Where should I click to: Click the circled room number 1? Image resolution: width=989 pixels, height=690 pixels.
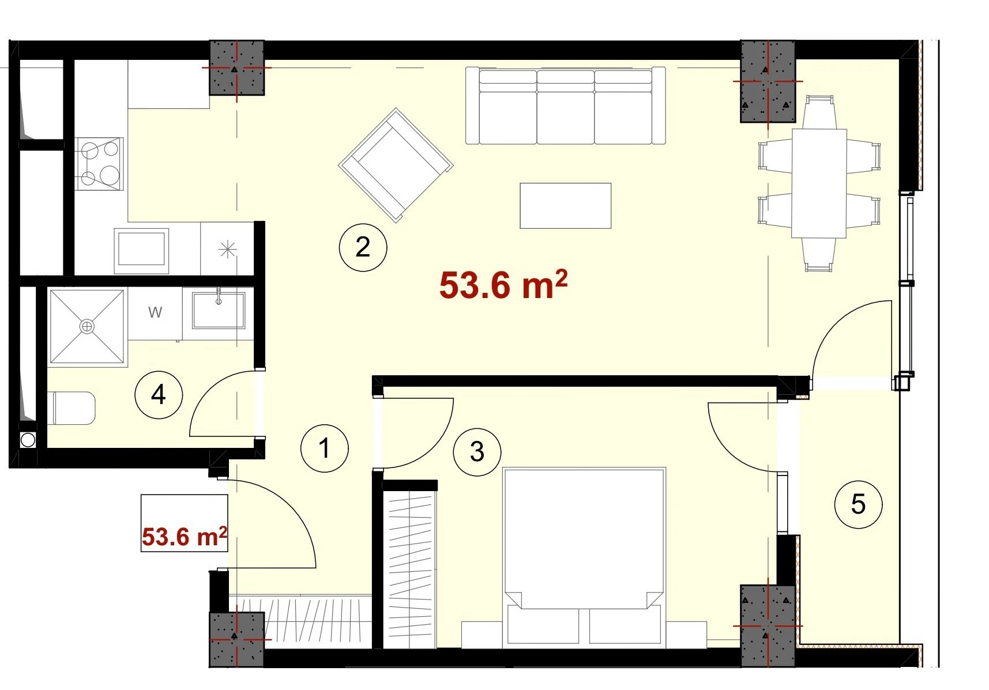[325, 448]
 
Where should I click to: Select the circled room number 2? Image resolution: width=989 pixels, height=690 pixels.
[363, 247]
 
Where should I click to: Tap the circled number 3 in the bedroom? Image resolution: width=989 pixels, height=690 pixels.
[477, 451]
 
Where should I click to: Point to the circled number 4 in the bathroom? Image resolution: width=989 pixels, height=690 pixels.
[159, 395]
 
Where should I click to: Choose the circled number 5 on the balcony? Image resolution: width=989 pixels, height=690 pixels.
[858, 504]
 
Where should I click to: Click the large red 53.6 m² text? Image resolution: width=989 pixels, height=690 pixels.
[503, 284]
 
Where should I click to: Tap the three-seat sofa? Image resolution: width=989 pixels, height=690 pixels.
[566, 105]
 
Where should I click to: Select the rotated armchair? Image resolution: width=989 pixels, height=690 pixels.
[396, 165]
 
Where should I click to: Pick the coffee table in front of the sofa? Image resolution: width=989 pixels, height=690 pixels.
[565, 206]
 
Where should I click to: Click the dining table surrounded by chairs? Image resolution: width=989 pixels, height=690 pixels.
[819, 183]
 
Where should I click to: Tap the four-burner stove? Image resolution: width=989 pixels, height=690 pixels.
[99, 164]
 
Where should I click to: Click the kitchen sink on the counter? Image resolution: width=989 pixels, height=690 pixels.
[141, 251]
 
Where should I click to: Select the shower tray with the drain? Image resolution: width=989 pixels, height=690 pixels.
[87, 327]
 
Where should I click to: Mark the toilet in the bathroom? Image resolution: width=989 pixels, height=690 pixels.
[73, 408]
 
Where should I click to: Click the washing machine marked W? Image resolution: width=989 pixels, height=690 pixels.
[155, 314]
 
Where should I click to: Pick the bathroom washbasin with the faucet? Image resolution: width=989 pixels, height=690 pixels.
[219, 310]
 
